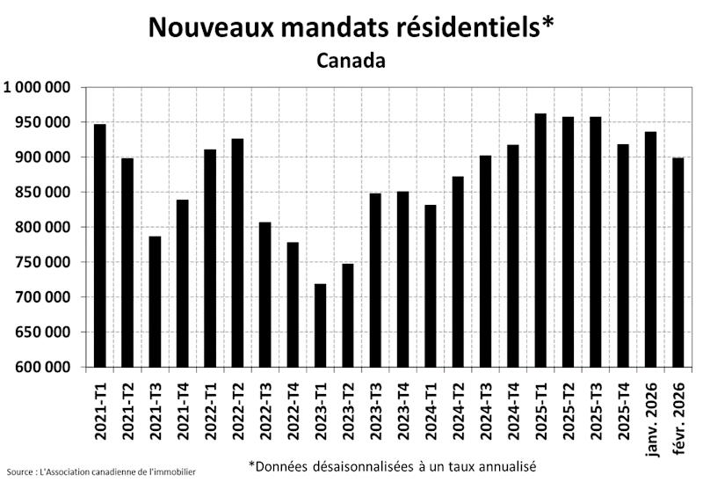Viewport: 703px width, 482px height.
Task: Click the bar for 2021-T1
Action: [x=100, y=245]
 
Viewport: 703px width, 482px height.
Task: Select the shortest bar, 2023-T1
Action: [x=321, y=325]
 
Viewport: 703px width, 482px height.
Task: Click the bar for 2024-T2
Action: [x=459, y=272]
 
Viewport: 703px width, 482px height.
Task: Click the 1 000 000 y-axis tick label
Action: [x=37, y=87]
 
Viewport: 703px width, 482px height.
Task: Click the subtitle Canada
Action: [x=351, y=61]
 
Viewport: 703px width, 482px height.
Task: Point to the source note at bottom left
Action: [x=100, y=472]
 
